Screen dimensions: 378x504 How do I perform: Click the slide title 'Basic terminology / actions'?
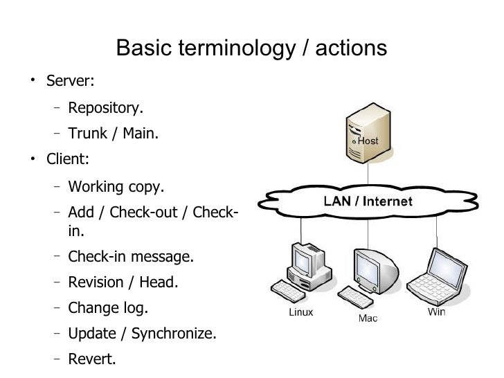(251, 48)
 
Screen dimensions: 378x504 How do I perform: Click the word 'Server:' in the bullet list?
(70, 81)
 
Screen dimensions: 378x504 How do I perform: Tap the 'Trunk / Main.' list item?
(113, 134)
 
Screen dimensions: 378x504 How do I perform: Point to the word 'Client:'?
(68, 159)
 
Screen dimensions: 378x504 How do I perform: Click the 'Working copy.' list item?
(116, 187)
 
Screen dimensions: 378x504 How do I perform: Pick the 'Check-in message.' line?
(131, 257)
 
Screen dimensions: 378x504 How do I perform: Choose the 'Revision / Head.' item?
(123, 282)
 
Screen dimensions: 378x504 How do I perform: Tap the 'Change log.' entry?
(108, 307)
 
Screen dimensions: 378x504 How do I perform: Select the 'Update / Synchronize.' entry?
(142, 334)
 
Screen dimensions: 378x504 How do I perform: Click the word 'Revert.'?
(92, 359)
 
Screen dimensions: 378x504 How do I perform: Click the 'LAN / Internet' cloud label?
(369, 202)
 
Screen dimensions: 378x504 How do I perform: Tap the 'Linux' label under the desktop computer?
(301, 312)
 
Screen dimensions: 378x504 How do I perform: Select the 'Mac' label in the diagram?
(368, 319)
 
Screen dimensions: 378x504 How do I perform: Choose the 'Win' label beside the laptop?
(437, 312)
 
